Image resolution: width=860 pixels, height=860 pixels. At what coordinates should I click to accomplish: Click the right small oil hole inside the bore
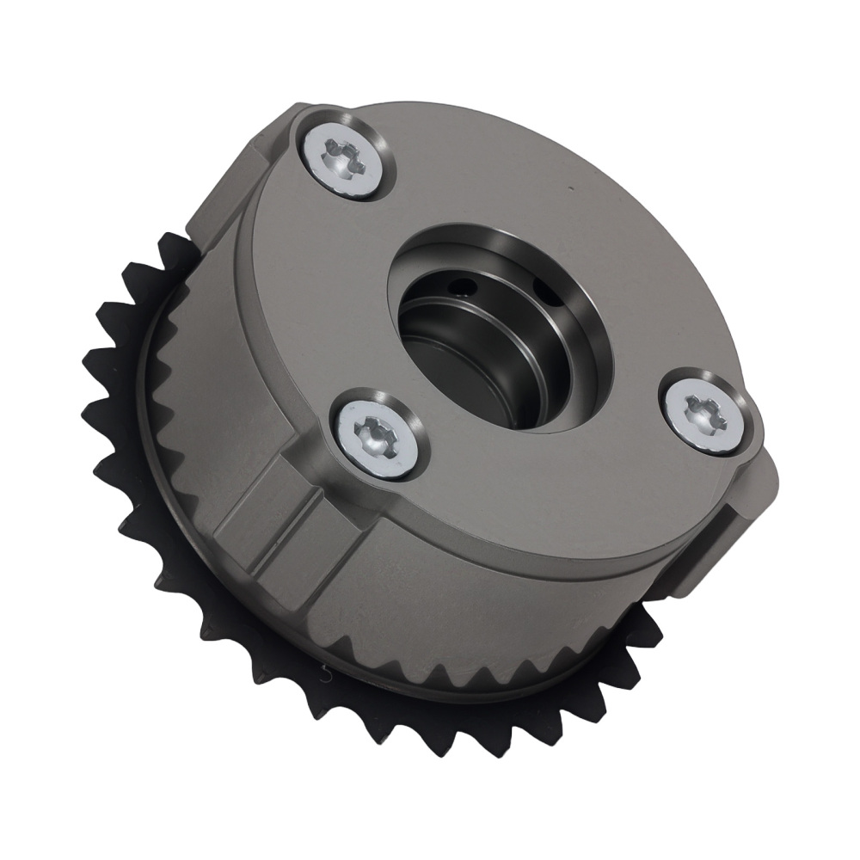point(540,284)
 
